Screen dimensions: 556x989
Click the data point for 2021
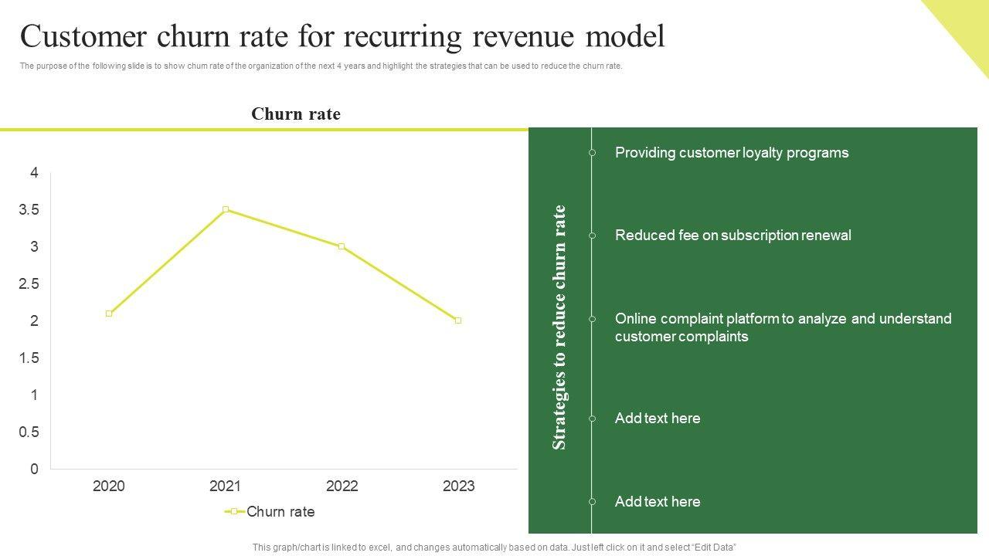226,209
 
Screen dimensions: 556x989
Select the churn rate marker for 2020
109,314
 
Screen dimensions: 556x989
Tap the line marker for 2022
342,246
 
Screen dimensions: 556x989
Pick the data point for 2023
458,320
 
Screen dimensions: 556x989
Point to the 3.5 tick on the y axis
29,210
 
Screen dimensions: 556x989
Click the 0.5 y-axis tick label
29,432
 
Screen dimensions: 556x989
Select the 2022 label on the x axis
342,486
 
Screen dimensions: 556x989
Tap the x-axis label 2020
108,486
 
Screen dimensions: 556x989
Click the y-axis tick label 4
34,173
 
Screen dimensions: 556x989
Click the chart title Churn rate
296,114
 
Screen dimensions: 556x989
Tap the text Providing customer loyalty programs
731,153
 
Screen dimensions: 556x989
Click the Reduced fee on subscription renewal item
732,236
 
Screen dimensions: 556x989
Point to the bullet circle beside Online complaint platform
593,319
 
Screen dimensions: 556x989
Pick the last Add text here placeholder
658,502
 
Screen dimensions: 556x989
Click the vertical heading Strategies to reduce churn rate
559,327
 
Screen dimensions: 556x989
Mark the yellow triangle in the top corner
966,23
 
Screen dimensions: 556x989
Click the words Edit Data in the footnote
715,548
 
